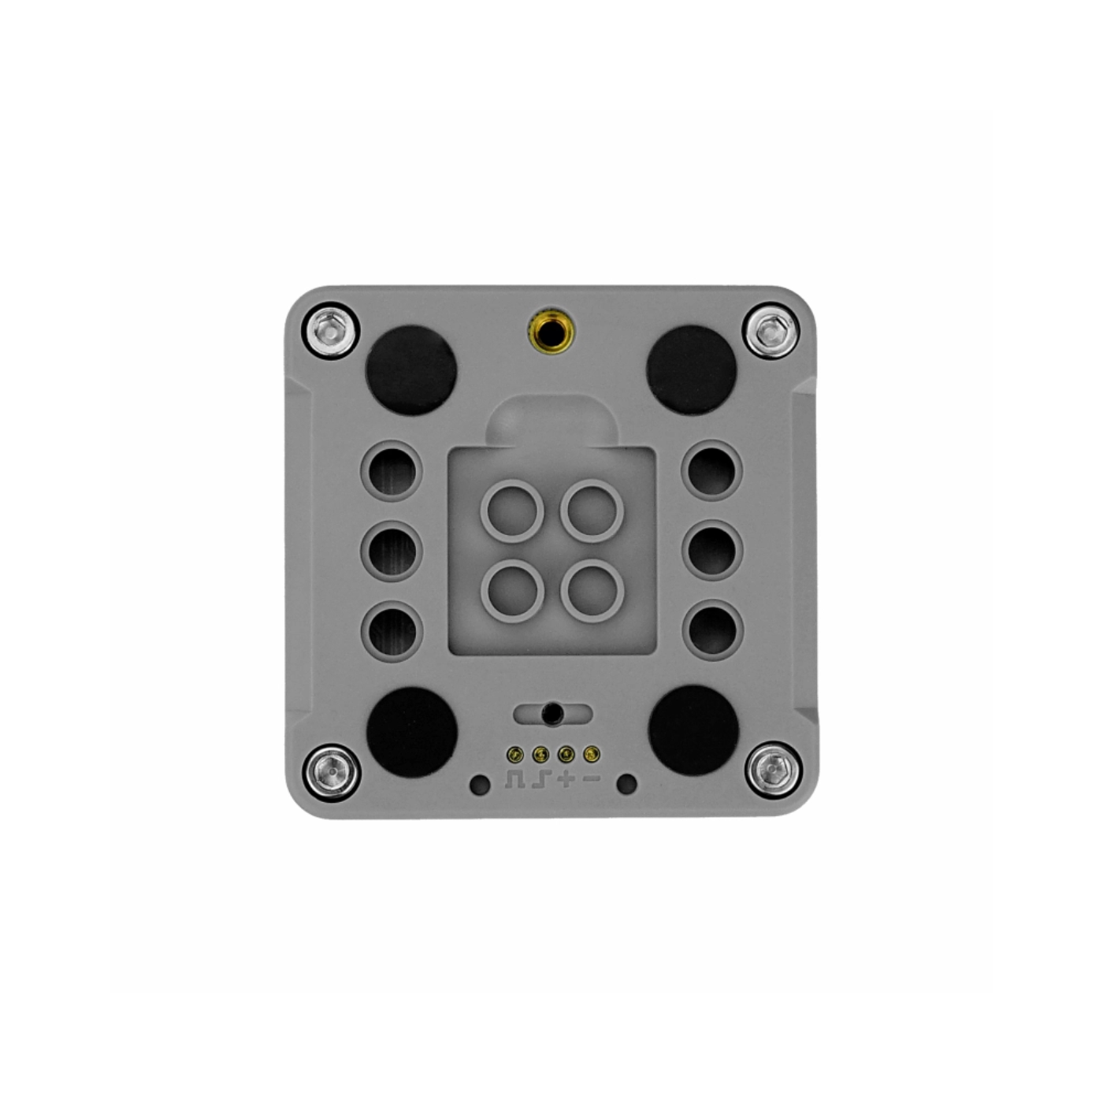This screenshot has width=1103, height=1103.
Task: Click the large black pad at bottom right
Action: click(x=693, y=730)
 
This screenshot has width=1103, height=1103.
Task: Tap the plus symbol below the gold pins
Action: click(x=566, y=780)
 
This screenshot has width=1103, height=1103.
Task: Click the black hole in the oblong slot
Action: click(x=552, y=714)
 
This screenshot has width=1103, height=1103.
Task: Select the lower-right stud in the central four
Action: click(x=592, y=590)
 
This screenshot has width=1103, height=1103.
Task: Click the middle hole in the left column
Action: click(x=392, y=549)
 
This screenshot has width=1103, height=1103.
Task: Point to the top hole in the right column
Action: click(x=711, y=470)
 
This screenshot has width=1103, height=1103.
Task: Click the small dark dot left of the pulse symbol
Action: click(x=479, y=784)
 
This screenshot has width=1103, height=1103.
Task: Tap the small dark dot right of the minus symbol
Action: click(x=627, y=784)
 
